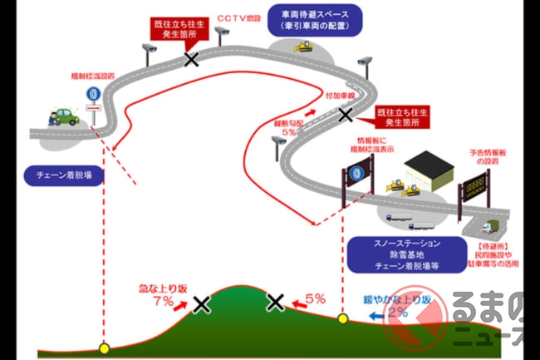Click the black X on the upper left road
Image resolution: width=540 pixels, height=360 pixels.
click(x=192, y=59)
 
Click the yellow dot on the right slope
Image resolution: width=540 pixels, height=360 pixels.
click(x=342, y=318)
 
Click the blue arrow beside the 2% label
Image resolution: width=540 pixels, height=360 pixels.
click(x=376, y=315)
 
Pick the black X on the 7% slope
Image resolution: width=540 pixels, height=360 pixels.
click(x=200, y=304)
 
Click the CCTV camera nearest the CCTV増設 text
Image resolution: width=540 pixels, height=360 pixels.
click(x=221, y=32)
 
